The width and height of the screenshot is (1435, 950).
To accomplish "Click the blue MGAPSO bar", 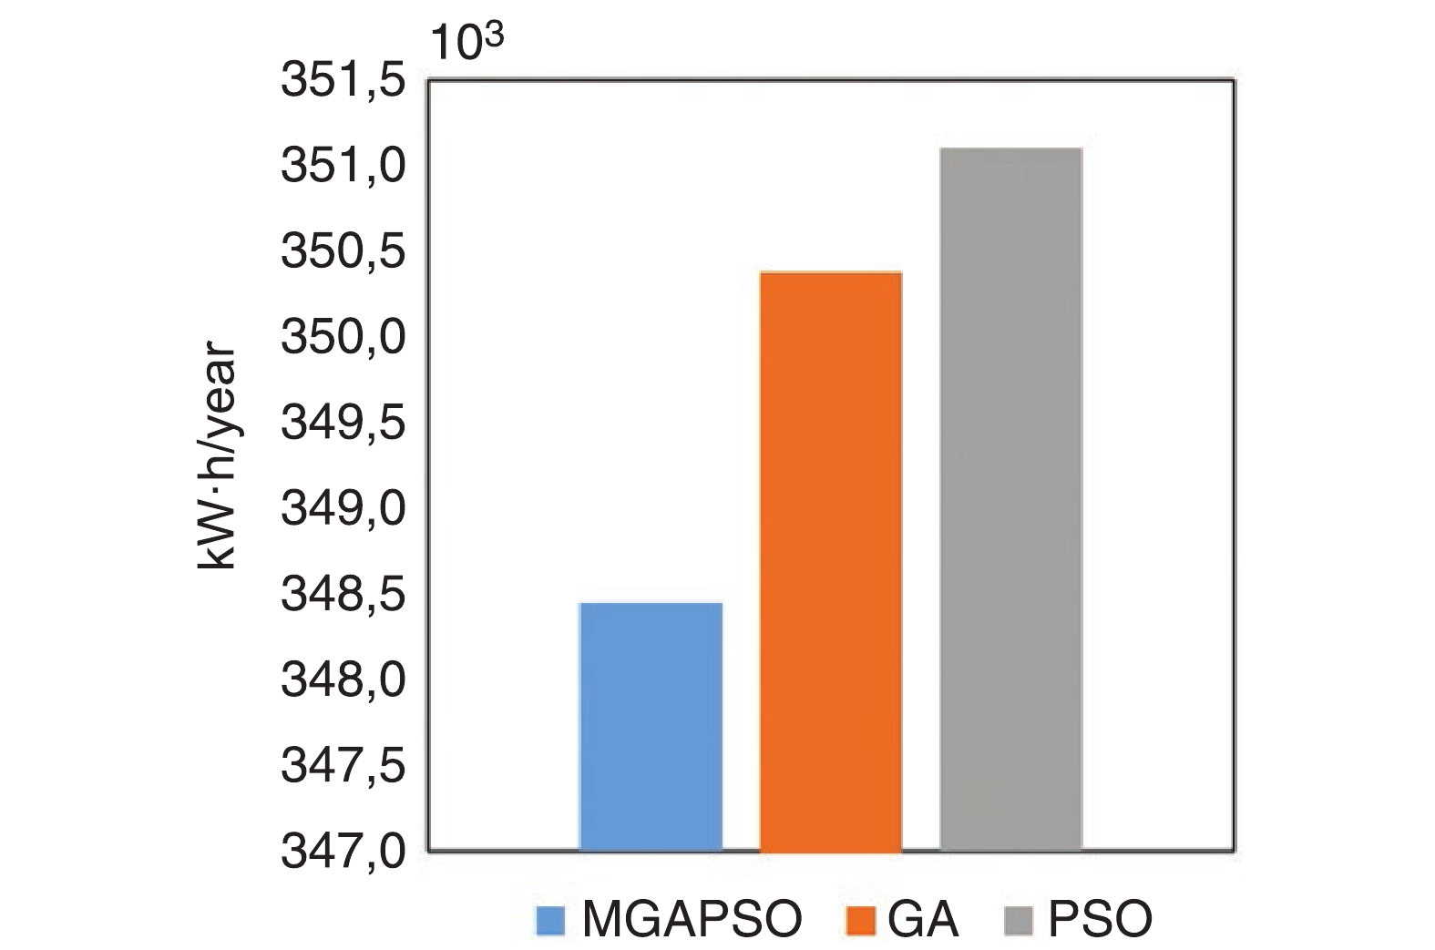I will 651,726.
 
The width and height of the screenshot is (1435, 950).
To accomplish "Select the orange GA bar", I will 830,561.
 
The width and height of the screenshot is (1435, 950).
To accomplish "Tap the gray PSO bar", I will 1010,499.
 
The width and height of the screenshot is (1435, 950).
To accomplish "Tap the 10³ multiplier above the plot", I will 467,42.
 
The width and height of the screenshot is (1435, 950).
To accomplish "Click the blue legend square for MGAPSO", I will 551,920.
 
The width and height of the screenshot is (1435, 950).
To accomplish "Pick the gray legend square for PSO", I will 1020,920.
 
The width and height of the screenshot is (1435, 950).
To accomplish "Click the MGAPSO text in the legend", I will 692,920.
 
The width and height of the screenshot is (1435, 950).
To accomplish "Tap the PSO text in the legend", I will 1101,920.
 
